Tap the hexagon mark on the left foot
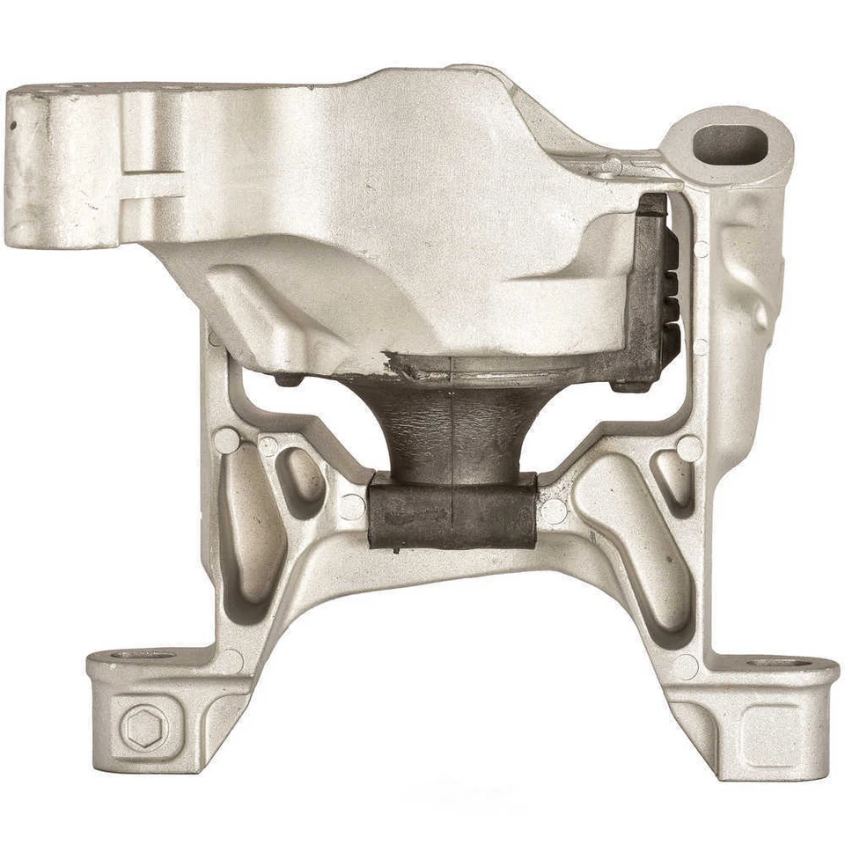(143, 727)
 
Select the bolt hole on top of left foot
(141, 656)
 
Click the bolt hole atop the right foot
(772, 662)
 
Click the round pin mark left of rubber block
(352, 506)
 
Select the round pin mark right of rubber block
(554, 511)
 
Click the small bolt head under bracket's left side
(283, 380)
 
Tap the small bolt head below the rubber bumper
(621, 385)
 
